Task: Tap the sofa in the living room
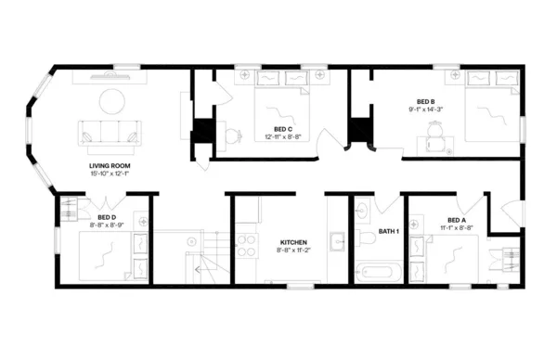point(110,135)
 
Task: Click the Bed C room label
point(283,129)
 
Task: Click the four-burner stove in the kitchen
point(245,245)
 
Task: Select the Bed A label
point(456,220)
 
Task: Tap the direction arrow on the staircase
point(198,268)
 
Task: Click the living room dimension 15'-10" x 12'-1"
point(108,174)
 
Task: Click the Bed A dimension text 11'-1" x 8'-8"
point(456,227)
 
